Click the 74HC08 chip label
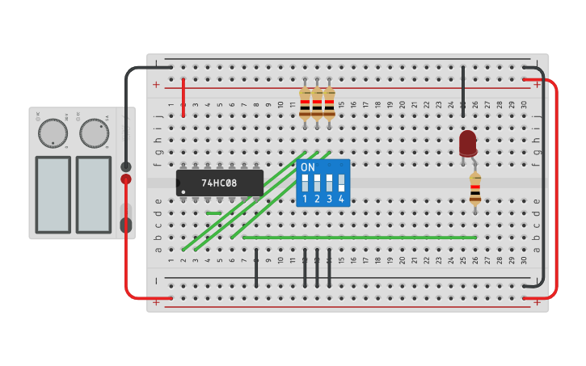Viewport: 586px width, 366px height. tap(219, 183)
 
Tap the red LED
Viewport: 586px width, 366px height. tap(467, 143)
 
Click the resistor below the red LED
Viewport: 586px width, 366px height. tap(474, 188)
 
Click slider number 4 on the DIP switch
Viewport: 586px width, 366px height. tap(341, 183)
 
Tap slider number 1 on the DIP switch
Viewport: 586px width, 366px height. tap(305, 183)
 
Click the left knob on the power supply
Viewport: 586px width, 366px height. tap(53, 133)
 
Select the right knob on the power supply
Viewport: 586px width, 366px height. tap(94, 133)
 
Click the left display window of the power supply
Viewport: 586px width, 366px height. tap(53, 194)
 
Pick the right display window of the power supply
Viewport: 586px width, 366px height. tap(94, 194)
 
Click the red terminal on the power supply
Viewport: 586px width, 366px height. tap(126, 179)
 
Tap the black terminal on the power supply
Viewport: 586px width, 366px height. tap(126, 167)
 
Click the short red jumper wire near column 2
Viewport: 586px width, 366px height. tap(183, 97)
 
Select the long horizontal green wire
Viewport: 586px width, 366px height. tap(360, 238)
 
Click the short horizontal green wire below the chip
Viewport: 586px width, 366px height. tap(213, 213)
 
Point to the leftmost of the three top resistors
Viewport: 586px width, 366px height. tap(305, 103)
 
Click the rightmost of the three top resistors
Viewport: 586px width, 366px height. tap(329, 103)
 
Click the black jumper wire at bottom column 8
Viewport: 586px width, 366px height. tap(256, 268)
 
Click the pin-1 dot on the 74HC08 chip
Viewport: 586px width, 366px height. tap(183, 191)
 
